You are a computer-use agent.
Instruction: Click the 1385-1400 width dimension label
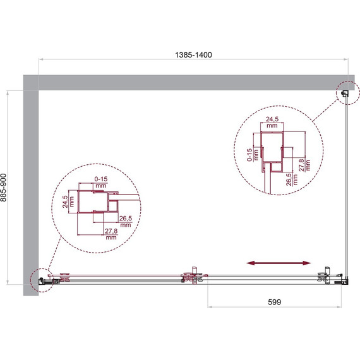[x=193, y=55]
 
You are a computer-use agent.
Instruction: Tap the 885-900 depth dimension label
[x=4, y=188]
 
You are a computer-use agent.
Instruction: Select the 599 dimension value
[x=274, y=302]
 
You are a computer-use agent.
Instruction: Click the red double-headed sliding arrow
[x=279, y=263]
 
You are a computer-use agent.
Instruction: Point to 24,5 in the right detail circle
[x=272, y=119]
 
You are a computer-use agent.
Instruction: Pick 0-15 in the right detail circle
[x=249, y=155]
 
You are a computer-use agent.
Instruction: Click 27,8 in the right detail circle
[x=301, y=165]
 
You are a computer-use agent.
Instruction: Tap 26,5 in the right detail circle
[x=289, y=179]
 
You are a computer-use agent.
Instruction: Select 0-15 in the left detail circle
[x=101, y=179]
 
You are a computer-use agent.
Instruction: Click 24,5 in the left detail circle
[x=65, y=202]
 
